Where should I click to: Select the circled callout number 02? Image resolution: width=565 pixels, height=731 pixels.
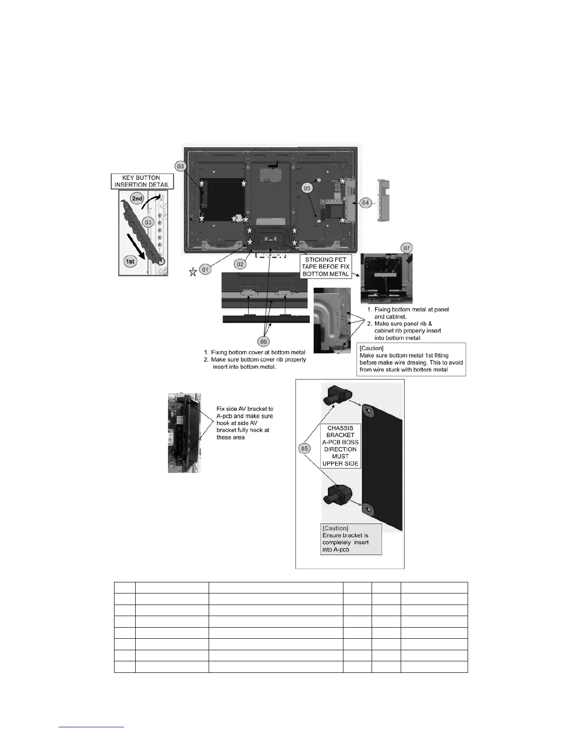(240, 264)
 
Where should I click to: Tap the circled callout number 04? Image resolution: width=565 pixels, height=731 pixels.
(366, 203)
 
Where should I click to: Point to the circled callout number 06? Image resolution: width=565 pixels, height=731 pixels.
(264, 342)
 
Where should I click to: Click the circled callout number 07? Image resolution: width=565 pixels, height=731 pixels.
(407, 248)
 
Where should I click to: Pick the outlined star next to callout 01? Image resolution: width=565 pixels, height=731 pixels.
(193, 272)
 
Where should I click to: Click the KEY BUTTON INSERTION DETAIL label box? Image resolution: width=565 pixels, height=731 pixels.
(141, 181)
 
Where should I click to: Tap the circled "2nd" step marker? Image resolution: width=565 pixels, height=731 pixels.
(137, 199)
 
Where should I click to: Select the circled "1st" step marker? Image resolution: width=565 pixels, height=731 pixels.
(131, 262)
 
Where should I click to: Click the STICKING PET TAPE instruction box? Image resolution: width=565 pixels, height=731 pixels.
(326, 267)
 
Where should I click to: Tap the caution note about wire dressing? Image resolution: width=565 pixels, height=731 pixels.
(411, 359)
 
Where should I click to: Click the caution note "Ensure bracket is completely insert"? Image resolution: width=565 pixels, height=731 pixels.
(351, 539)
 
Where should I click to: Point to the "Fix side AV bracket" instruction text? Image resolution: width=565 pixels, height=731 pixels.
(245, 423)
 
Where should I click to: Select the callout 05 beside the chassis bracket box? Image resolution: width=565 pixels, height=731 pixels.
(305, 449)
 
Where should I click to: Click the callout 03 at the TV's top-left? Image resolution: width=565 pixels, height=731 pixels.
(180, 167)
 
